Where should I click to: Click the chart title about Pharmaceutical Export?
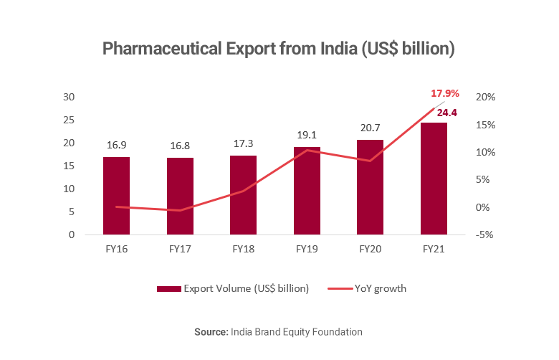click(279, 49)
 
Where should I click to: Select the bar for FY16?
click(116, 196)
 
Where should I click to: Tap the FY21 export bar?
click(434, 179)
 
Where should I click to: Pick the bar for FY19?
click(307, 191)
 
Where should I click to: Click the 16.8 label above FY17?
click(180, 146)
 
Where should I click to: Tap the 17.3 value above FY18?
click(243, 143)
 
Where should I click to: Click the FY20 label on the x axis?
click(371, 250)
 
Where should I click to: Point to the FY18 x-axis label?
click(243, 250)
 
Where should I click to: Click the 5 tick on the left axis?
click(71, 212)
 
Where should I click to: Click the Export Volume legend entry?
click(232, 288)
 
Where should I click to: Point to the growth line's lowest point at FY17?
click(180, 211)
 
